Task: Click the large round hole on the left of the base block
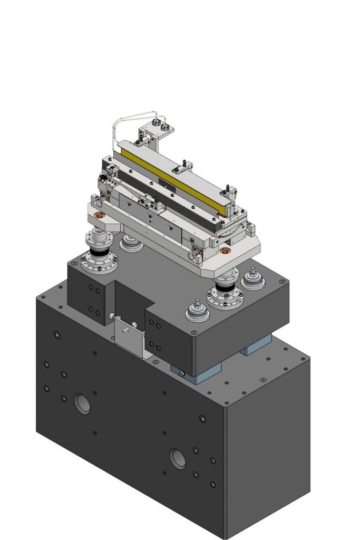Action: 82,403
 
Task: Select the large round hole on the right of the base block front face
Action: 178,459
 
